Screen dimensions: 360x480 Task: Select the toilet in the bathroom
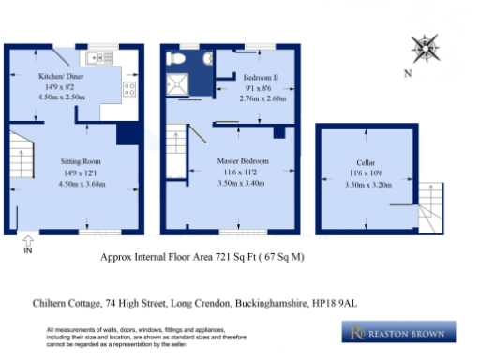[x=174, y=58]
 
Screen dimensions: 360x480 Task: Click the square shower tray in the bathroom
[x=176, y=83]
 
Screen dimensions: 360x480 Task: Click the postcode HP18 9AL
[x=349, y=302]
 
